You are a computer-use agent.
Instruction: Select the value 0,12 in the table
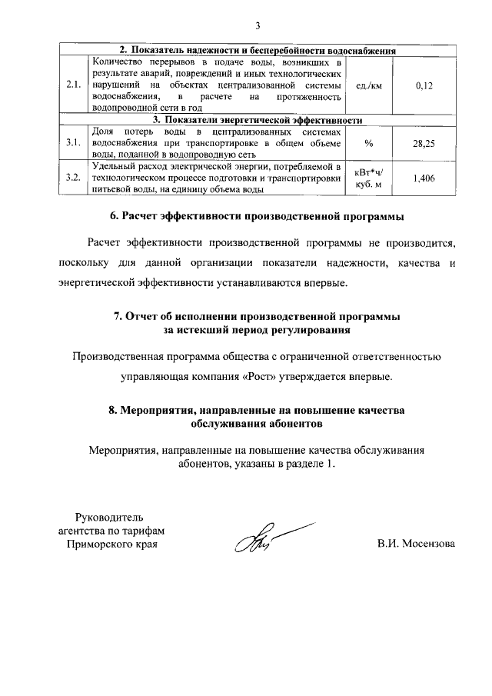(x=424, y=86)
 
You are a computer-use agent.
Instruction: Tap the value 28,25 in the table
(x=424, y=143)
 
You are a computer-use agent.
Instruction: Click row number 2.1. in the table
(x=74, y=86)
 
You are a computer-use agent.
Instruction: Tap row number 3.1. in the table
(x=74, y=143)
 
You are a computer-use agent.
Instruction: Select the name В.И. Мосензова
(x=415, y=544)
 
